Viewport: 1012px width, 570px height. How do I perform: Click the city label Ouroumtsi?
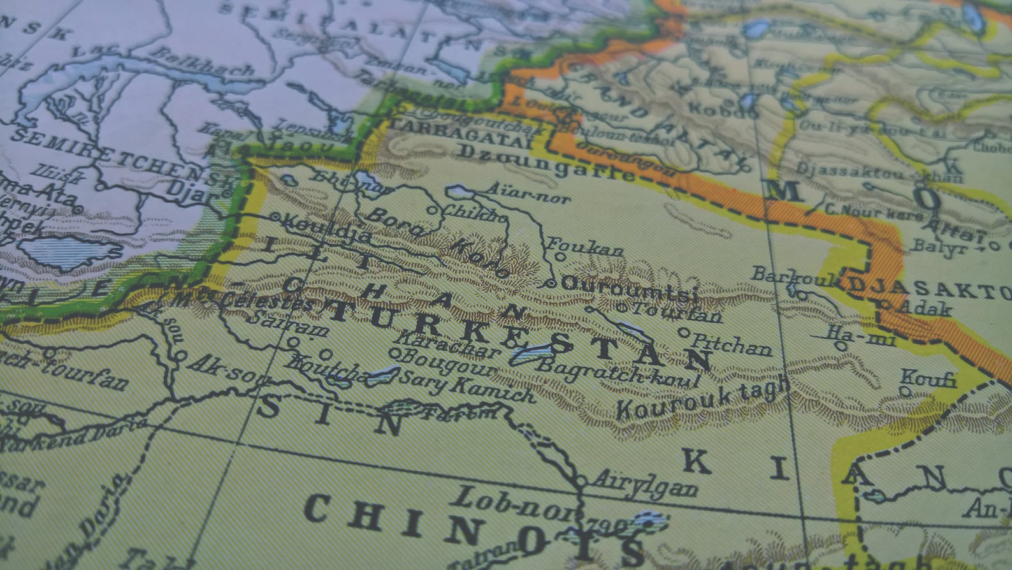(x=628, y=286)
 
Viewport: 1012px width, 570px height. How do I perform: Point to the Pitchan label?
(x=732, y=345)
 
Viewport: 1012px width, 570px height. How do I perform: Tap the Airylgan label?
(x=646, y=485)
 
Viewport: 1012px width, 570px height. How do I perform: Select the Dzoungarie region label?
(x=548, y=162)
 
